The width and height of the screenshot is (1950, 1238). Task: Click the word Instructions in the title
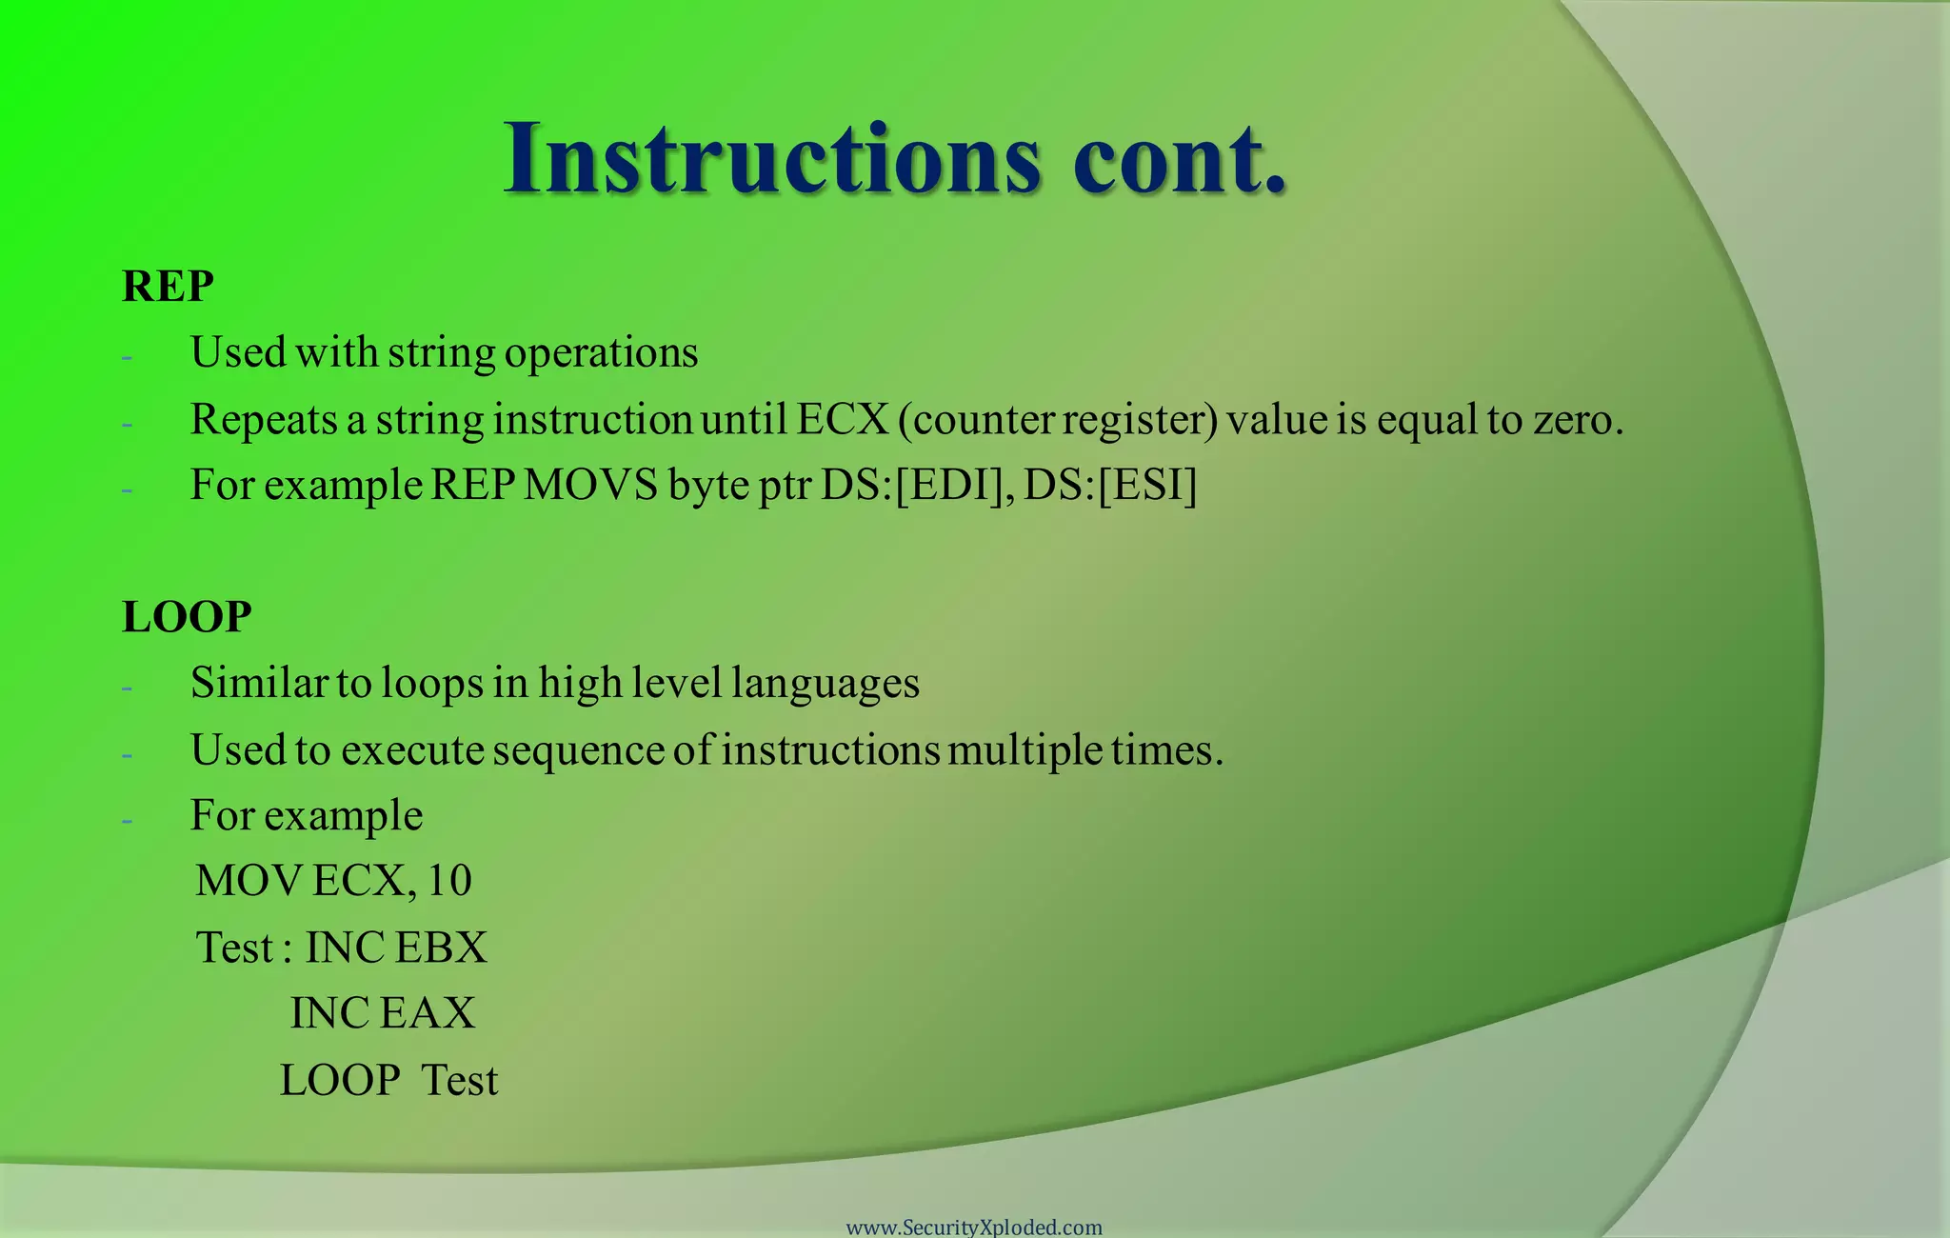click(771, 159)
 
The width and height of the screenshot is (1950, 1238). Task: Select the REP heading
click(168, 287)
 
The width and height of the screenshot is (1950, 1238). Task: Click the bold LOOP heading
click(187, 617)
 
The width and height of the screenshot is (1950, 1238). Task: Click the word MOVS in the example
click(591, 485)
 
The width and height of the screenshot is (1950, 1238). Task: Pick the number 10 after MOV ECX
click(449, 881)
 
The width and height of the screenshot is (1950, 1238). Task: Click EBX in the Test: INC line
click(441, 948)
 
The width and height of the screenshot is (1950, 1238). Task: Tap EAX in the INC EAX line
click(428, 1013)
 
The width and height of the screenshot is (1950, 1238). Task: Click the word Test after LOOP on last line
click(460, 1081)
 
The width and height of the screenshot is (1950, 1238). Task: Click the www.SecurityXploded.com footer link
click(974, 1227)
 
